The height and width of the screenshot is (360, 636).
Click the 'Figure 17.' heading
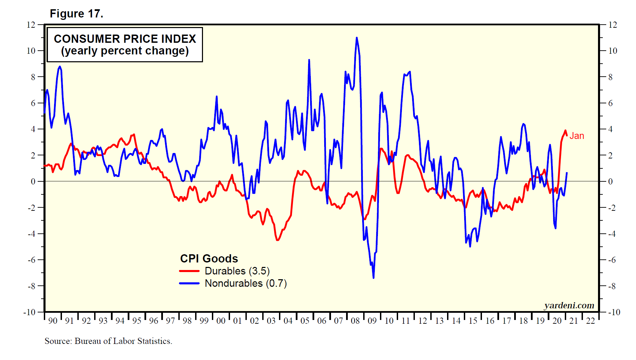click(76, 14)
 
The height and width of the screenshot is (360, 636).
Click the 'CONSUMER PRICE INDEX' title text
click(125, 39)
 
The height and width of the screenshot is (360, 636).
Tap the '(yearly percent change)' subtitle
click(125, 51)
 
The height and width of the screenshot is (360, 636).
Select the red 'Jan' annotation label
click(576, 136)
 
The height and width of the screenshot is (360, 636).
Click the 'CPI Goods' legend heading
click(209, 258)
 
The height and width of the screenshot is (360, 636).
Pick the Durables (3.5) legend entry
click(237, 271)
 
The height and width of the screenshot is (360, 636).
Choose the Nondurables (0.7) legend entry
click(245, 283)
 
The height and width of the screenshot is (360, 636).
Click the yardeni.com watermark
click(569, 305)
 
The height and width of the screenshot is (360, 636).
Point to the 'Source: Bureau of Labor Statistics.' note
click(108, 341)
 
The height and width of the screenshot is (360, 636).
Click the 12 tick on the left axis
click(31, 25)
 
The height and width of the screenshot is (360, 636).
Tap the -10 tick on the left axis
click(29, 312)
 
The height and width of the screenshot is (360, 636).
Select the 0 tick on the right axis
click(610, 181)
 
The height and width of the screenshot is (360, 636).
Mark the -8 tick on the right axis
click(612, 286)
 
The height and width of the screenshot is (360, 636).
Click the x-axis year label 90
click(53, 321)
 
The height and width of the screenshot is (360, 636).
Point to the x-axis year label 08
click(355, 321)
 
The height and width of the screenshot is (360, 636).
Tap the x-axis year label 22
click(590, 321)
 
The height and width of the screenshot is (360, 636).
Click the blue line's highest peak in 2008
click(357, 38)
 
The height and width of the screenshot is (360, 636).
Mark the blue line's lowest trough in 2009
click(373, 278)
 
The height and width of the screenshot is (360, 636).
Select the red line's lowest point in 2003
click(277, 240)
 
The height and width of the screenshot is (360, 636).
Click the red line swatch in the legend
click(189, 271)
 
